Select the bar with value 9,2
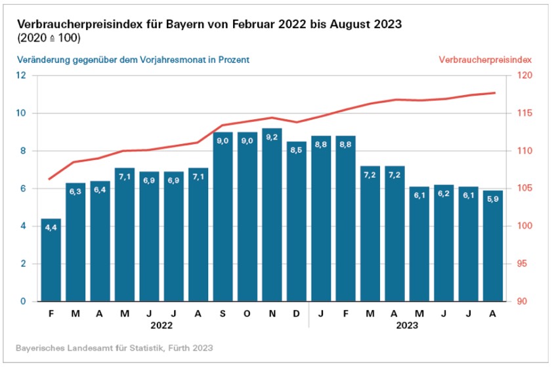point(272,216)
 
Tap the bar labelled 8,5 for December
point(297,223)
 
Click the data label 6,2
point(444,194)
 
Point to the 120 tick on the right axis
point(525,75)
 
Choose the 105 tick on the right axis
point(525,189)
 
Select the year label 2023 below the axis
point(408,324)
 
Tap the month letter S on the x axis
point(223,313)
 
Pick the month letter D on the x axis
point(297,313)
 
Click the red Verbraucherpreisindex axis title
point(484,59)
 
